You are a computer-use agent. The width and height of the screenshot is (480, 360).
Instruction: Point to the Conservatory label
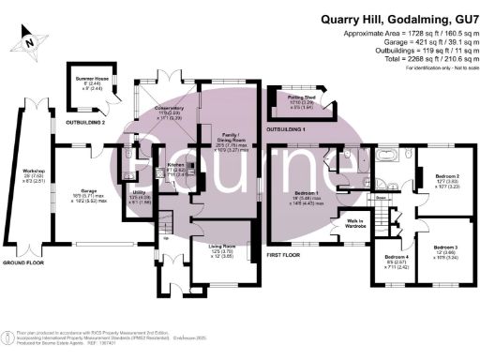(x=169, y=112)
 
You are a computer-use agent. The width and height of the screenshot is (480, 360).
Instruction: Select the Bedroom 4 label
(x=397, y=262)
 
